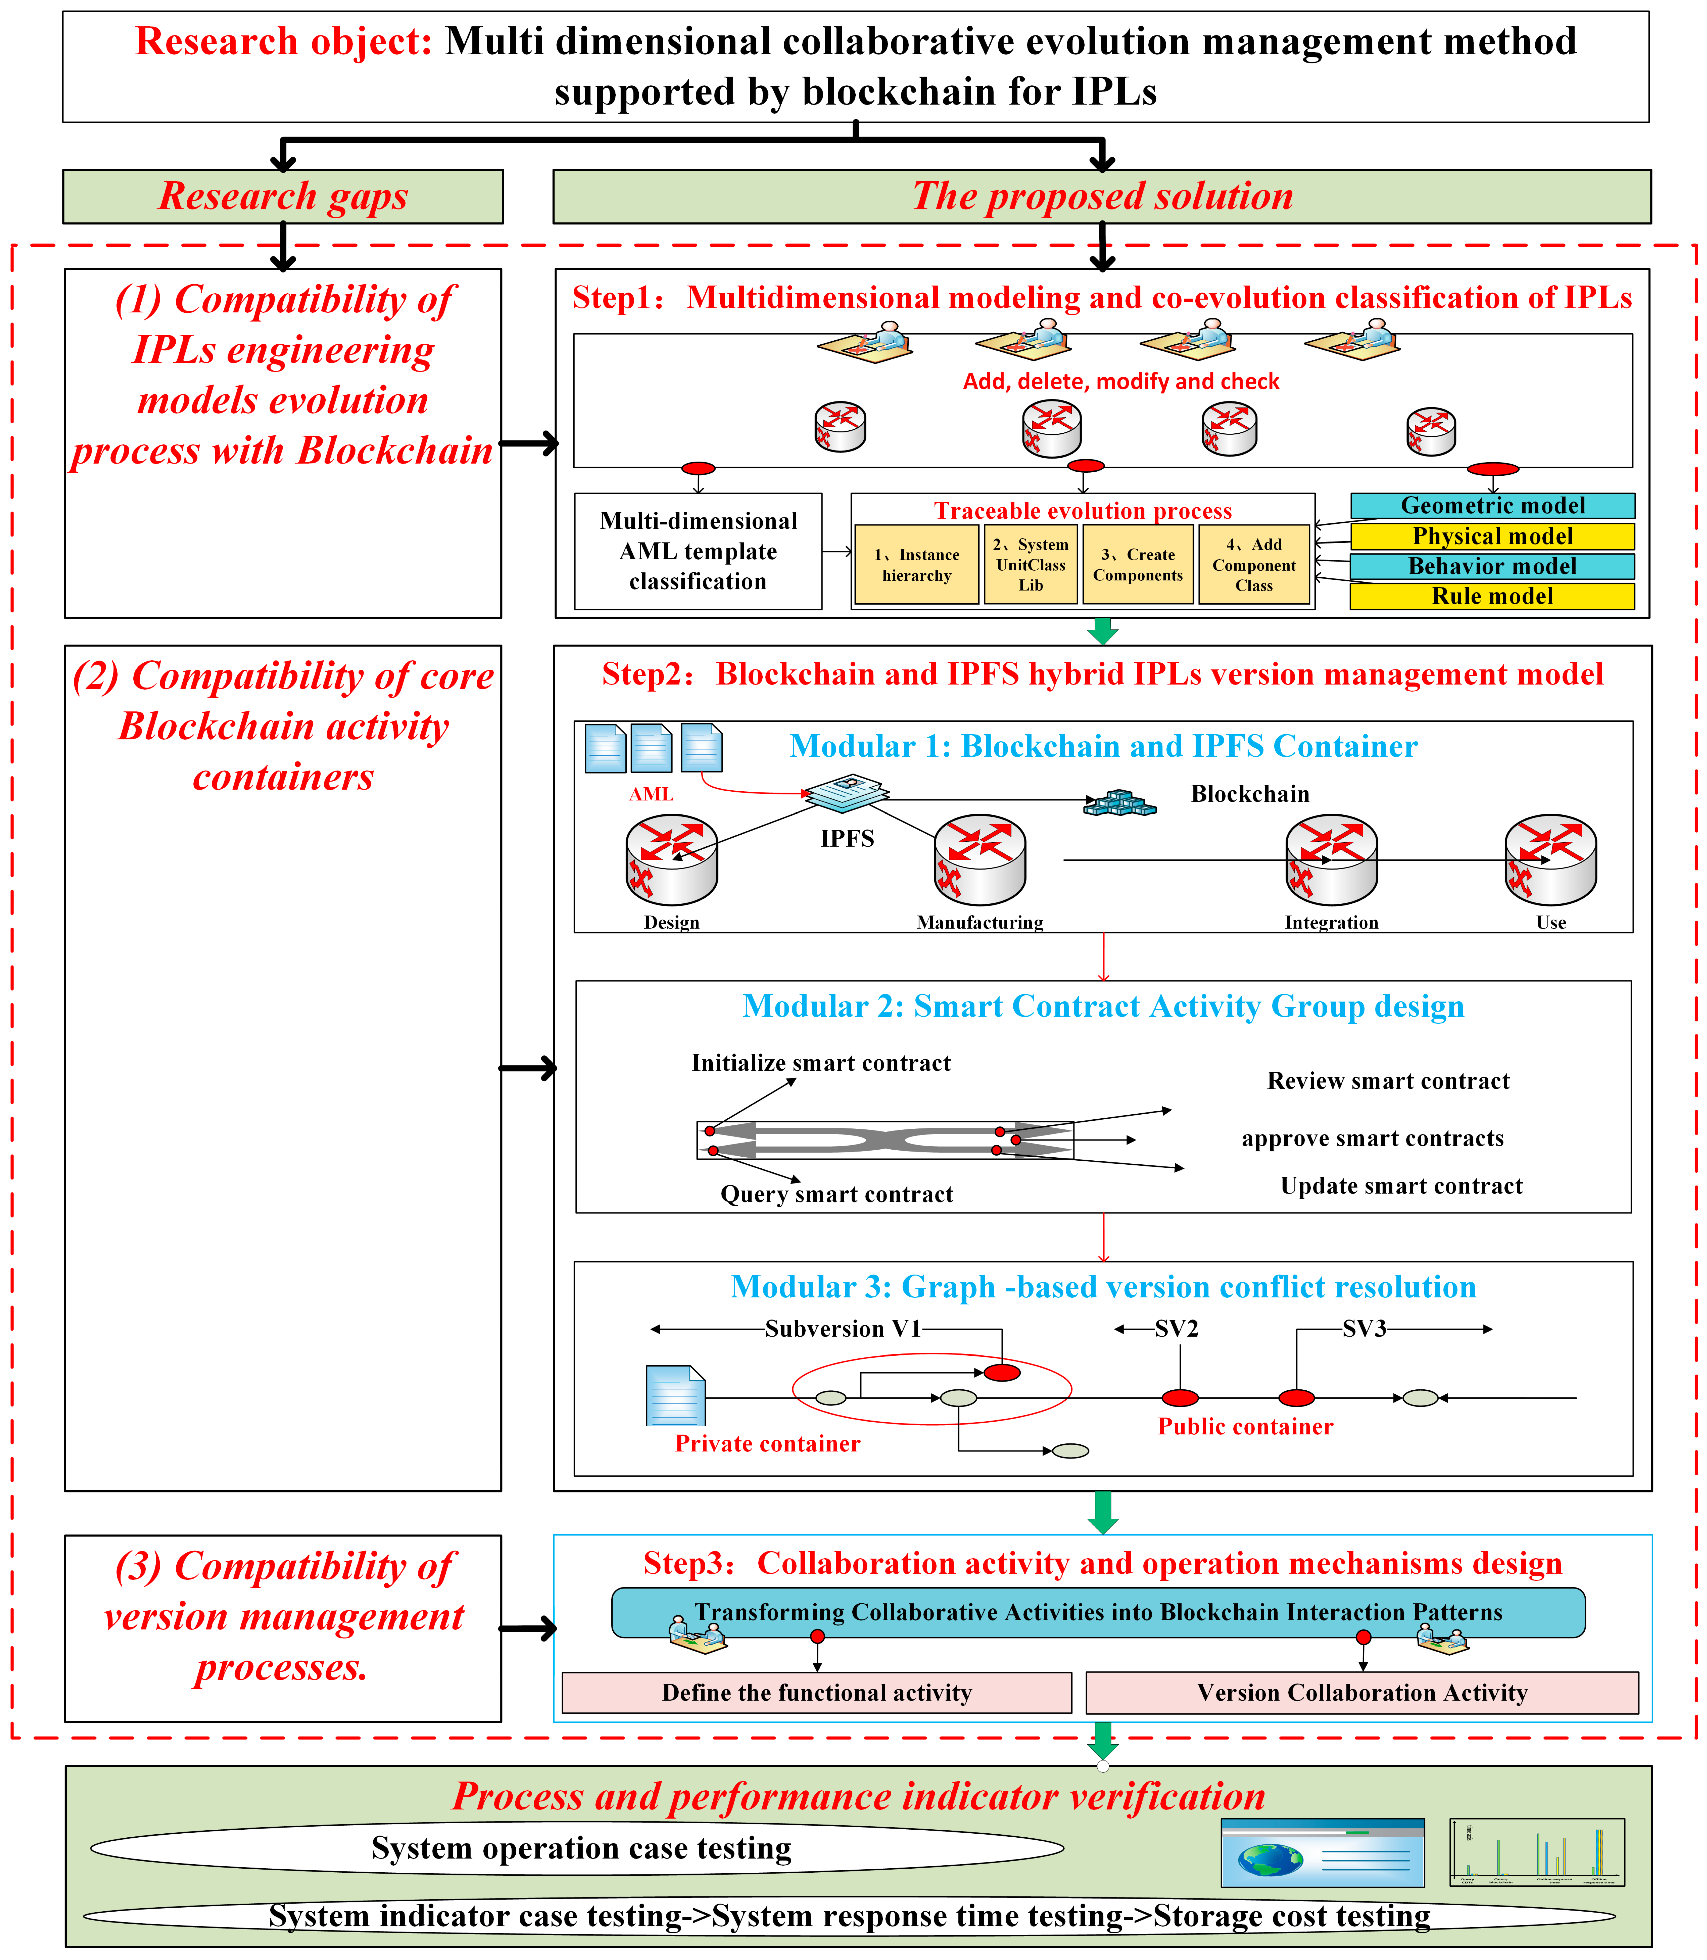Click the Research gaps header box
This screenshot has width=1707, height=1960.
283,196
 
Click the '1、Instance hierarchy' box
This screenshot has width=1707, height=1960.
916,565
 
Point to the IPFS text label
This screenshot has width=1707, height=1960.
847,839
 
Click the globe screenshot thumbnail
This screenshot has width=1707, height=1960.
1322,1853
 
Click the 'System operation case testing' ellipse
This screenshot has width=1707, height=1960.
577,1848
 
